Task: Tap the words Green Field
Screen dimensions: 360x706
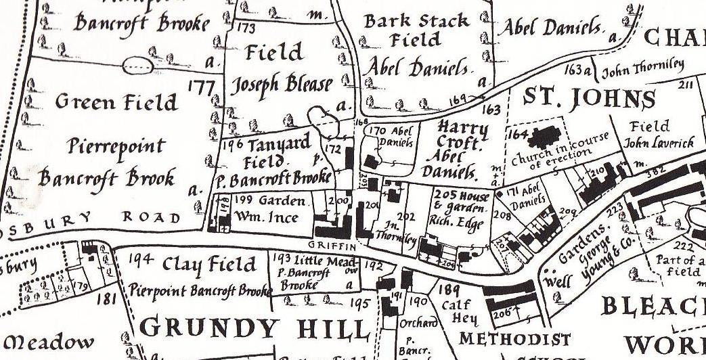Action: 116,102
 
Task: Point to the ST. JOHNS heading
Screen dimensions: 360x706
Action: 590,98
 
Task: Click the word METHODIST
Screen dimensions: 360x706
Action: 514,338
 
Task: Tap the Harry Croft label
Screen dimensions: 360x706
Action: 462,135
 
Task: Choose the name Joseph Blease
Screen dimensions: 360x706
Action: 282,85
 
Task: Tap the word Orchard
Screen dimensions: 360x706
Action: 413,324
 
